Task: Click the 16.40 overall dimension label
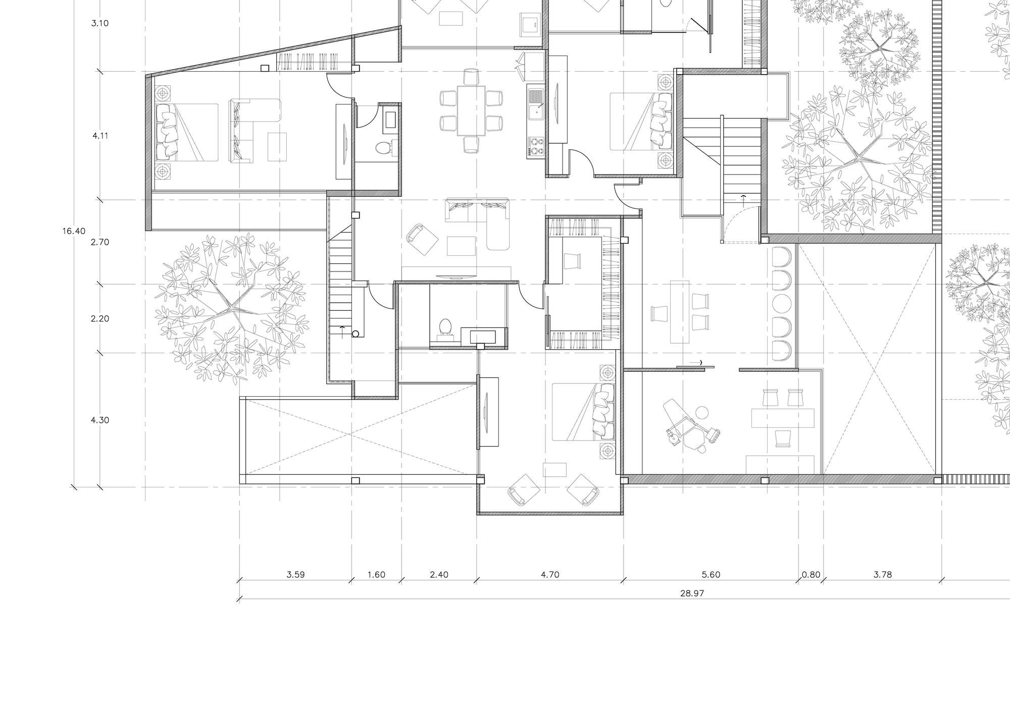tap(74, 231)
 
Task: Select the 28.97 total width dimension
tap(691, 593)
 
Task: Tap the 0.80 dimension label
tap(811, 574)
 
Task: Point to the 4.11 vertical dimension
tap(100, 136)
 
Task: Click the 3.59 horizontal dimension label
tap(295, 574)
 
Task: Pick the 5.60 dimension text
tap(711, 574)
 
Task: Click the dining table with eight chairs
tap(471, 111)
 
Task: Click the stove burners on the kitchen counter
tap(535, 146)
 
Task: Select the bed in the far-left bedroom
tap(187, 132)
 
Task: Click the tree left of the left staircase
tap(231, 307)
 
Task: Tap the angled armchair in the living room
tap(421, 239)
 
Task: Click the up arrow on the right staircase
tap(742, 198)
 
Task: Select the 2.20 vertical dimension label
tap(100, 318)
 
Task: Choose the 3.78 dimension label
tap(882, 574)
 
